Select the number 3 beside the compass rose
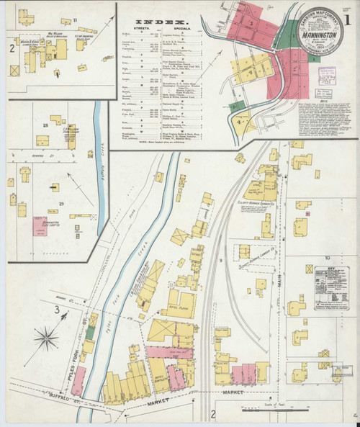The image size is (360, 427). (56, 310)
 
